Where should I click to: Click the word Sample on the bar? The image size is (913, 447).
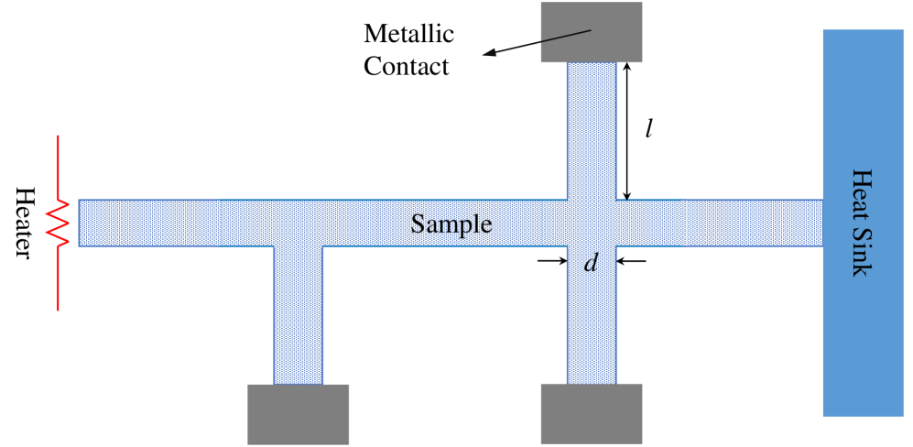[451, 224]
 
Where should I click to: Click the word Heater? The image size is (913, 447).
[25, 223]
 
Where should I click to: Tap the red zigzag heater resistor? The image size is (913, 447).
[60, 223]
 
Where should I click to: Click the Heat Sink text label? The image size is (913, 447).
[862, 223]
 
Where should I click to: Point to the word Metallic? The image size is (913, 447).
[408, 35]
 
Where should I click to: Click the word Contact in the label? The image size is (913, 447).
[407, 66]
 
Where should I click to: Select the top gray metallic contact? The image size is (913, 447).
[592, 32]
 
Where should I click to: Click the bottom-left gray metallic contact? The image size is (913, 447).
[298, 414]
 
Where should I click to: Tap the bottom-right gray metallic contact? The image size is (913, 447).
[592, 414]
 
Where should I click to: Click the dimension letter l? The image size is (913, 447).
[647, 129]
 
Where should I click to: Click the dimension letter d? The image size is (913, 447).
[591, 264]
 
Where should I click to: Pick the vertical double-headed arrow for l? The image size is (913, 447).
[626, 131]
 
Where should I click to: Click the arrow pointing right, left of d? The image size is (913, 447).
[551, 261]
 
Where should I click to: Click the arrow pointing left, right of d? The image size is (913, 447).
[632, 261]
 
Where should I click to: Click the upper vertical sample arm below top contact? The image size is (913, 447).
[592, 128]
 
